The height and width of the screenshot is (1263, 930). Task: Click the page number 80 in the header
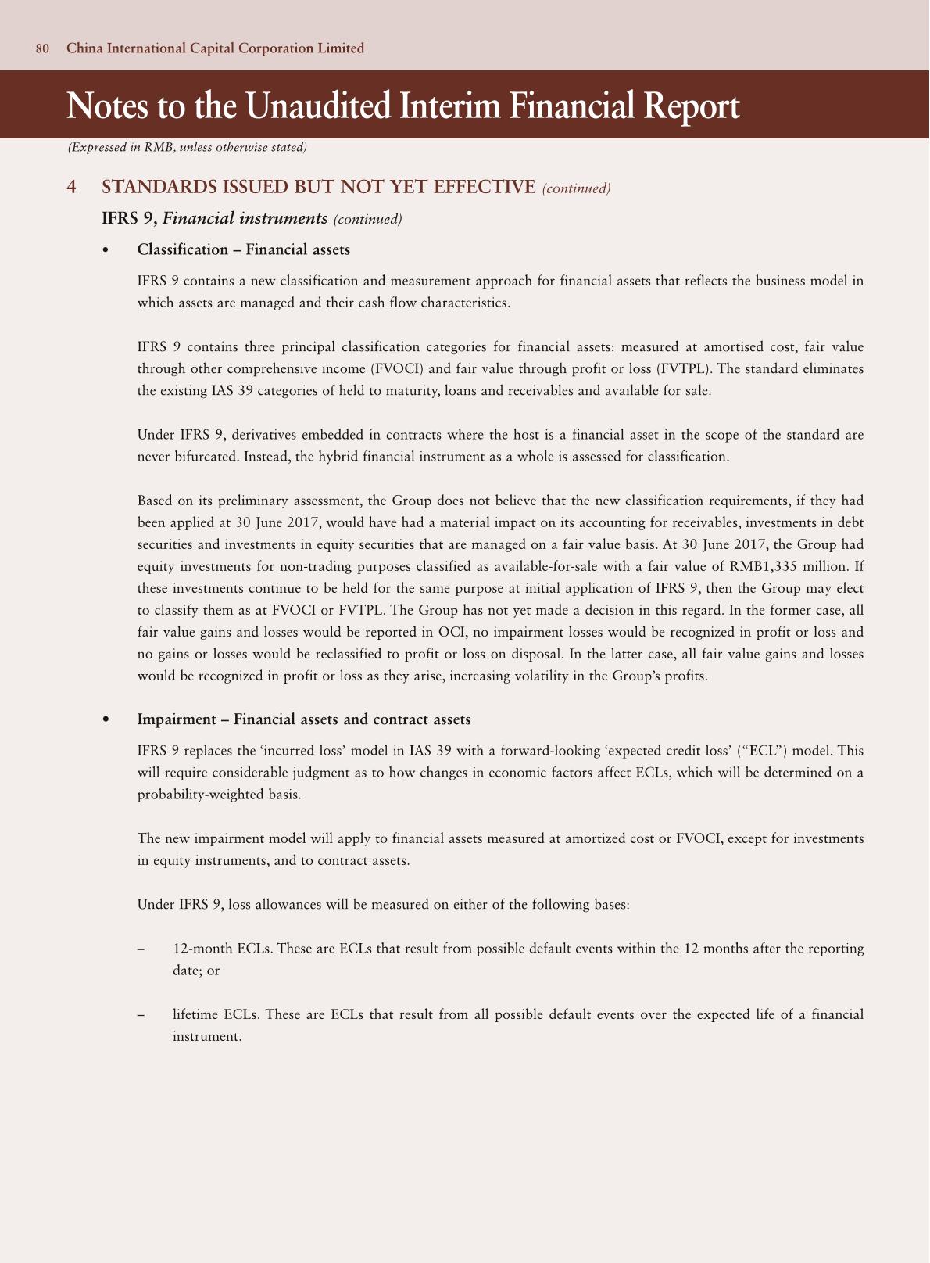coord(42,48)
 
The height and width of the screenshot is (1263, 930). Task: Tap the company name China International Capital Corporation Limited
coord(215,48)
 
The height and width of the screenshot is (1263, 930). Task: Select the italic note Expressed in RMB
coord(187,147)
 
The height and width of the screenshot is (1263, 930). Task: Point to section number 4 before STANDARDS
coord(72,187)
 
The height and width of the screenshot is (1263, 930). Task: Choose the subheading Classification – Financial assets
coord(243,249)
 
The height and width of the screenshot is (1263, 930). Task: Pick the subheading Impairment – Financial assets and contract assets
coord(303,719)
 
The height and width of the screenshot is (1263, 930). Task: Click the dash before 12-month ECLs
coord(141,949)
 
